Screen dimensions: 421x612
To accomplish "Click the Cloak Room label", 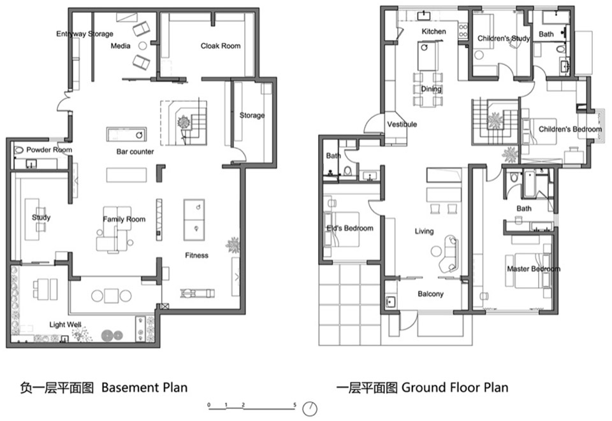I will coord(221,46).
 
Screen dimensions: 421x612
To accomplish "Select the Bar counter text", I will coord(135,152).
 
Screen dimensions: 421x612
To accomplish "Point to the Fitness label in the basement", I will coord(196,255).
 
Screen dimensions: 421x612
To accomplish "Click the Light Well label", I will coord(66,325).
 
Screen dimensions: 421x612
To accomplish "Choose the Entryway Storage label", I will coord(85,34).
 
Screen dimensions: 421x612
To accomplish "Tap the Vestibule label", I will coord(402,124).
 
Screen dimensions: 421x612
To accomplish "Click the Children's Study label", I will coord(504,39).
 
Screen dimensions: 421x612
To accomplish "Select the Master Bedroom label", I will coord(534,269).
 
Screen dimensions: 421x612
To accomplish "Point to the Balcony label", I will coord(430,294).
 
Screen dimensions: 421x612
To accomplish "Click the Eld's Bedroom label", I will coord(349,228).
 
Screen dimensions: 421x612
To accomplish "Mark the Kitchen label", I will coord(433,31).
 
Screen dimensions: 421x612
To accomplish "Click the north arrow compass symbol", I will coord(310,408).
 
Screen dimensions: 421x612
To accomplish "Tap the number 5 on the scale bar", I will coord(295,404).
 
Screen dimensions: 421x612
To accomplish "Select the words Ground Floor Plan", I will coord(455,387).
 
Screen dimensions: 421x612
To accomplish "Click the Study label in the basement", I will coord(41,218).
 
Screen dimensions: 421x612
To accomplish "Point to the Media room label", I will coord(120,46).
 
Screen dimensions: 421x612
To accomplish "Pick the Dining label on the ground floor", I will coord(431,89).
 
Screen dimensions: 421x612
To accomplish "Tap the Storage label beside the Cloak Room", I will coord(252,115).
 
